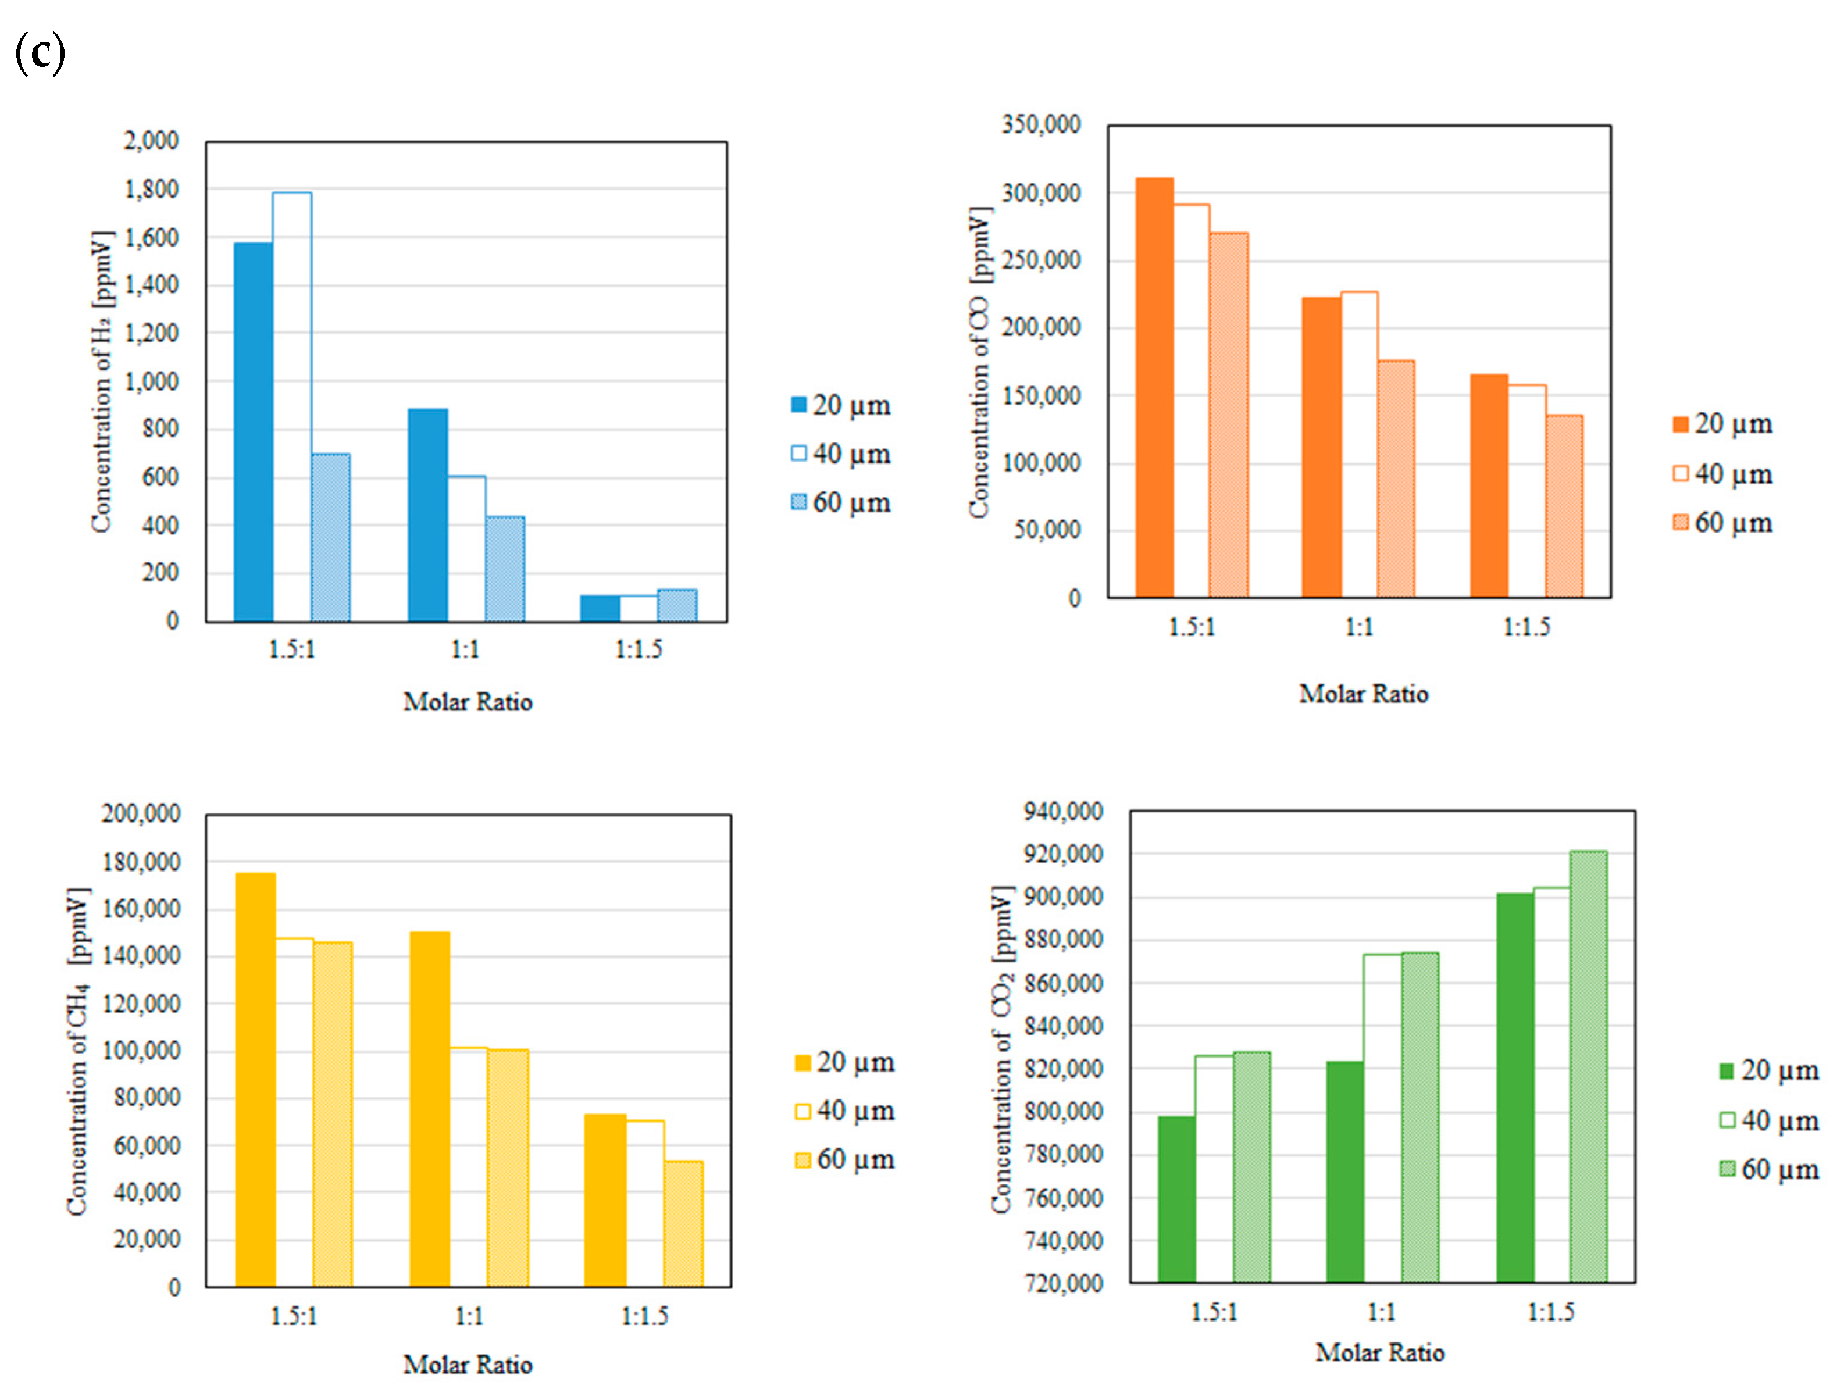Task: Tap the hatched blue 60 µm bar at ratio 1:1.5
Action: [x=677, y=605]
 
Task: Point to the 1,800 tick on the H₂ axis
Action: [x=152, y=190]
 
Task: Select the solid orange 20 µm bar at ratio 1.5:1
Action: [x=1154, y=388]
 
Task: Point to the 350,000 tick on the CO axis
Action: [x=1041, y=125]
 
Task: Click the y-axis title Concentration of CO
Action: [x=979, y=363]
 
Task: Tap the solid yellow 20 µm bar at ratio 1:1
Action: [x=430, y=1109]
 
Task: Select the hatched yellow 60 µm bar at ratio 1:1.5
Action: [x=684, y=1223]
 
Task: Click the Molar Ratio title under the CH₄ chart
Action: [x=468, y=1364]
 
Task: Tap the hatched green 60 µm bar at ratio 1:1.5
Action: [x=1588, y=1066]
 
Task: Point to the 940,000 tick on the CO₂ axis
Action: [x=1064, y=811]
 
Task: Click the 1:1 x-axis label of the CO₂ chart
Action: [x=1381, y=1312]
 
